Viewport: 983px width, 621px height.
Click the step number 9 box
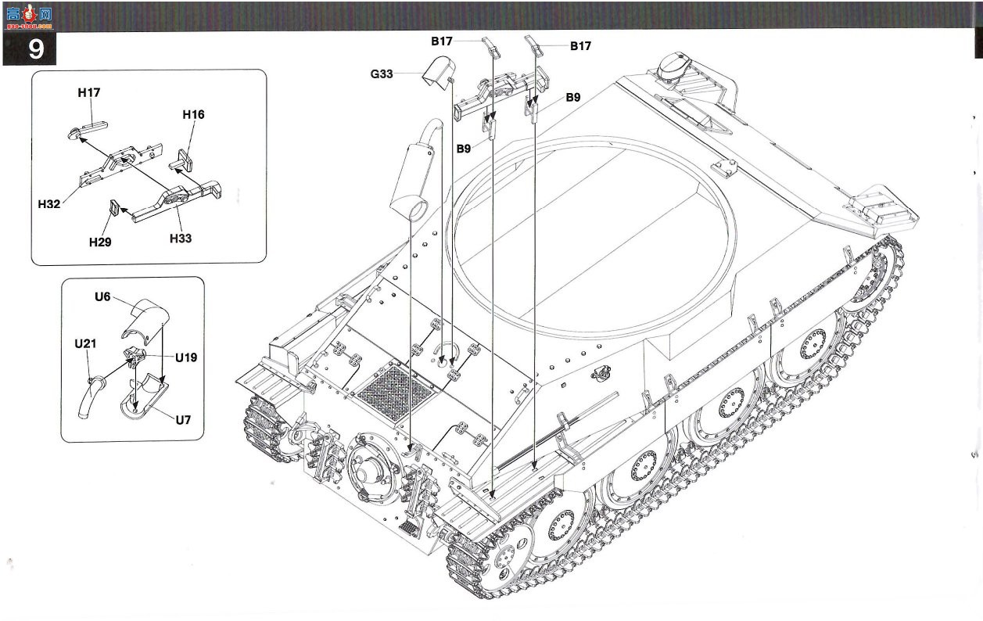click(x=30, y=48)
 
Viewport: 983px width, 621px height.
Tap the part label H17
click(x=89, y=92)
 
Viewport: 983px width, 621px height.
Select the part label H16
click(x=193, y=114)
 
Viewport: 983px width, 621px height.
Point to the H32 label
click(x=49, y=204)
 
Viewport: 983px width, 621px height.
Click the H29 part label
click(x=100, y=242)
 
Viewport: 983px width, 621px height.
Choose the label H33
click(x=181, y=239)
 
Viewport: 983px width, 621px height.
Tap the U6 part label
click(x=102, y=297)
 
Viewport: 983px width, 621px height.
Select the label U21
click(x=85, y=343)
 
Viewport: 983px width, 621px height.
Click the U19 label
click(x=186, y=357)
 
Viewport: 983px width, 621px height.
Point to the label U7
click(x=183, y=420)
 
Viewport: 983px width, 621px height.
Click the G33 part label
click(x=382, y=74)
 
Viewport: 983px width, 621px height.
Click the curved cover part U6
click(x=145, y=320)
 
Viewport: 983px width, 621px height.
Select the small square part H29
click(x=114, y=208)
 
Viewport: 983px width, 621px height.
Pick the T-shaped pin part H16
click(x=181, y=160)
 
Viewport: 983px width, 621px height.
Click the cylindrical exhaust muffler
click(x=411, y=181)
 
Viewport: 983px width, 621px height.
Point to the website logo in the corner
click(x=29, y=16)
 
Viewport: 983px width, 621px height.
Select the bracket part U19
click(x=135, y=355)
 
